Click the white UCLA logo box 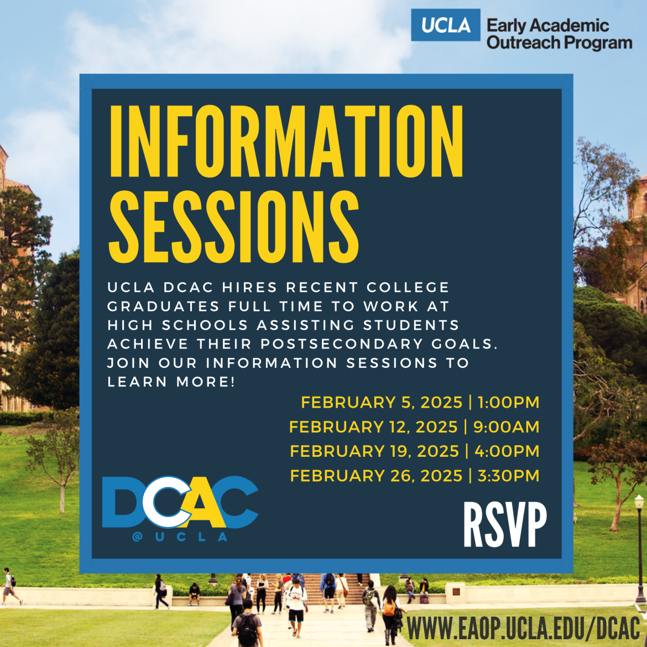445,25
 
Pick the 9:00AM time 507,427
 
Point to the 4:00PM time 507,451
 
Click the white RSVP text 504,525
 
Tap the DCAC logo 180,502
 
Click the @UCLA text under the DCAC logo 180,537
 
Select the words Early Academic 547,25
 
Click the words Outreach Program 559,43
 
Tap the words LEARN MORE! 171,382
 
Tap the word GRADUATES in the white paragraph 156,306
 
